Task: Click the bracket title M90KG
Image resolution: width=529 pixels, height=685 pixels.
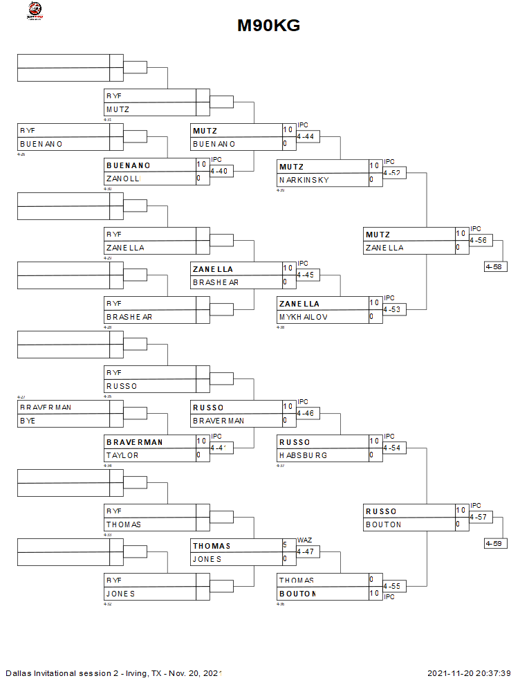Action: coord(268,26)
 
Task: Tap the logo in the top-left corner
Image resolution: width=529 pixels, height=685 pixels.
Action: coord(33,10)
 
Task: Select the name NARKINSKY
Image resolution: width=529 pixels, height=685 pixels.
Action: coord(304,180)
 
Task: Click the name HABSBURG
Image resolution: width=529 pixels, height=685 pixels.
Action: coord(303,455)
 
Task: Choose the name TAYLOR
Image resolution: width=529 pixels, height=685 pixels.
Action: coord(122,455)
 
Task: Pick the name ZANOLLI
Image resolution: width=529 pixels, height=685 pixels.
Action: coord(123,179)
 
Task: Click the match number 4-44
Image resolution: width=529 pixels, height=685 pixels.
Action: coord(306,137)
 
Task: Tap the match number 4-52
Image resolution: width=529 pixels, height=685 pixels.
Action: coord(392,172)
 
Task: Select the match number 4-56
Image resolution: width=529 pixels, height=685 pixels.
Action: coord(479,241)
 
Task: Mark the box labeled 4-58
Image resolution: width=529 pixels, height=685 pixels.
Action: coord(496,266)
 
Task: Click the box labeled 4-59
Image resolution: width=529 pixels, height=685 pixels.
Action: coord(496,543)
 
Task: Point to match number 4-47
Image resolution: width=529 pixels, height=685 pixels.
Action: coord(306,552)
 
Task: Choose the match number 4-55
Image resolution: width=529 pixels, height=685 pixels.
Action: coord(392,587)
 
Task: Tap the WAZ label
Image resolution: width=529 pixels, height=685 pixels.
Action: coord(304,540)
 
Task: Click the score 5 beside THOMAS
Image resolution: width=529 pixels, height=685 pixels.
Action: coord(285,545)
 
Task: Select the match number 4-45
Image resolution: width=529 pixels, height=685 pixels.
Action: coord(306,275)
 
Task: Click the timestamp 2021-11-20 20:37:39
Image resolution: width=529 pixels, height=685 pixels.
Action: coord(469,673)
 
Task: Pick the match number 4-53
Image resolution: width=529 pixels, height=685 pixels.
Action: coord(392,310)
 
